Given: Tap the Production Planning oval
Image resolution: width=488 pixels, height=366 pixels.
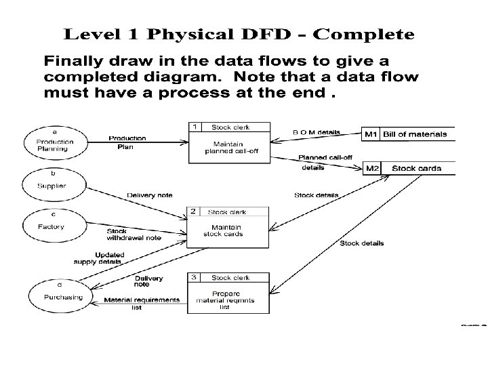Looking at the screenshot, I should (x=54, y=142).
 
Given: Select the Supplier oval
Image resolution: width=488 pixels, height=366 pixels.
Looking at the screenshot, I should (x=54, y=184).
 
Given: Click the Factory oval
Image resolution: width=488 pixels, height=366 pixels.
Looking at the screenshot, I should (x=54, y=225).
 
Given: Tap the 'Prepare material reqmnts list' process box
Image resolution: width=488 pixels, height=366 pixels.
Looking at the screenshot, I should (x=228, y=299).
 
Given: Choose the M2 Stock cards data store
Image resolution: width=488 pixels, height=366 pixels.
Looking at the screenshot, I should (x=409, y=168).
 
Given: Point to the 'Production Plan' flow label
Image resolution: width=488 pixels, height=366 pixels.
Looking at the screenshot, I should (x=127, y=142).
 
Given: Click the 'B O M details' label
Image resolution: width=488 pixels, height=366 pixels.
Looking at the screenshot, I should (x=316, y=132).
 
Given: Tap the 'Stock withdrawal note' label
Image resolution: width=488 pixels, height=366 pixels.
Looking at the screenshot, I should (x=133, y=235).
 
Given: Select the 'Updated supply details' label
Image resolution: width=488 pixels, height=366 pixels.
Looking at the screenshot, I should (x=99, y=258).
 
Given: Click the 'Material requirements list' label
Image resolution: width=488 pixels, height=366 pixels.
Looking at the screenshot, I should (x=141, y=302).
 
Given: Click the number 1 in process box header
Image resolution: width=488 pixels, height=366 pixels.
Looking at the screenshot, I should (x=195, y=126).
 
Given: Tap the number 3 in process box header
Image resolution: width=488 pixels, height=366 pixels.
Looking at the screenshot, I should (x=194, y=277).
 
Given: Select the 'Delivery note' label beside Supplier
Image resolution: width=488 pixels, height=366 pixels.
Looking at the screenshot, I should (x=150, y=195).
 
